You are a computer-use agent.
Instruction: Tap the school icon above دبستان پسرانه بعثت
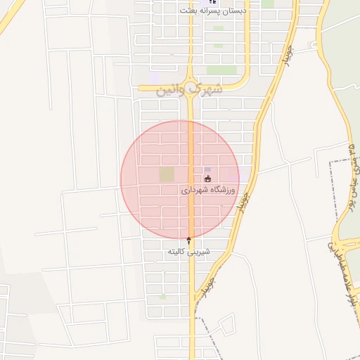[214, 2]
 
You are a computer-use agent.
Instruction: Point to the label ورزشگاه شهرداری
[209, 190]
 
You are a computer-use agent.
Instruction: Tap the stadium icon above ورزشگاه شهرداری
[207, 179]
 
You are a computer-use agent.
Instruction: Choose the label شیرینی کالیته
[188, 251]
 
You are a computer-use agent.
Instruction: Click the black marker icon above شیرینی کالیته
[188, 240]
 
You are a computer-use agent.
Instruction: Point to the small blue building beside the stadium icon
[207, 169]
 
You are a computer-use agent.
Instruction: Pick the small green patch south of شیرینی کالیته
[163, 297]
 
